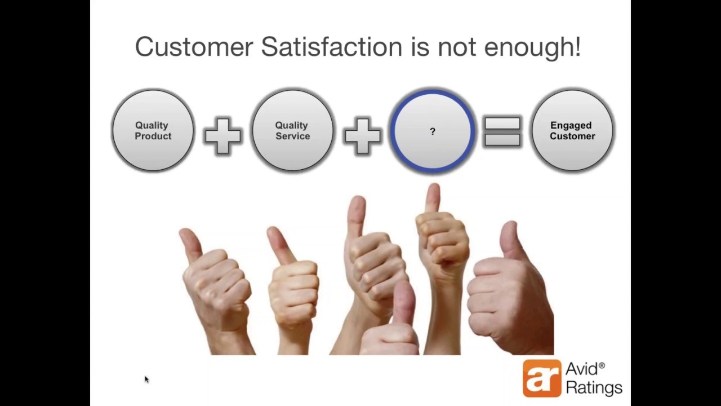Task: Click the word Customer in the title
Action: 194,47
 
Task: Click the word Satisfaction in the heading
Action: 331,47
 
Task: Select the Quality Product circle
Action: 153,131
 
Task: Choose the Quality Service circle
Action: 292,131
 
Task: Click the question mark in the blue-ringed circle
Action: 433,131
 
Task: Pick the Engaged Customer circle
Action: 572,131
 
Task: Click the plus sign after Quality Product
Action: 222,135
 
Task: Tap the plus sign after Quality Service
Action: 362,135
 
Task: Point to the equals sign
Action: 502,132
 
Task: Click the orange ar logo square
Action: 542,378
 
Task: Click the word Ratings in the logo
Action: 594,388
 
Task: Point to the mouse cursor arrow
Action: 146,379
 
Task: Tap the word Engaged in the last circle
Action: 571,125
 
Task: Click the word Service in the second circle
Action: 292,136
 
